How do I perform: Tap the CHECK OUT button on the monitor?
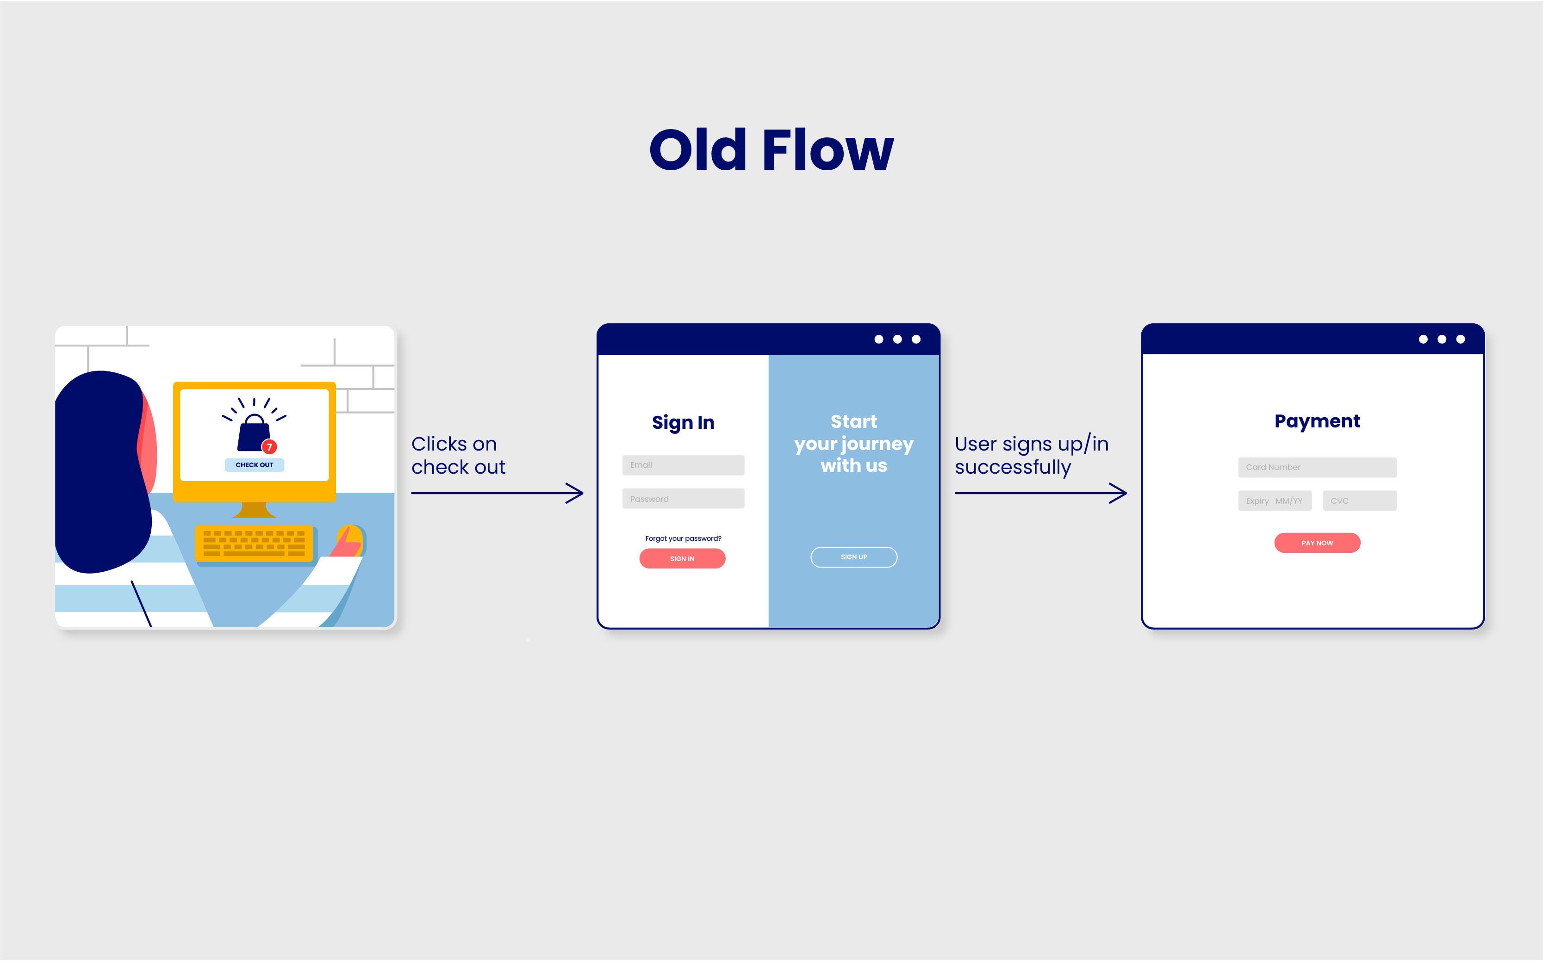pos(255,465)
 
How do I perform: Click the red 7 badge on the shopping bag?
pos(269,447)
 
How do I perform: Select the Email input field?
pos(683,465)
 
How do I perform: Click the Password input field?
pos(683,499)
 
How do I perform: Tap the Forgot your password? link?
pos(683,539)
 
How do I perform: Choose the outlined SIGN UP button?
pos(853,557)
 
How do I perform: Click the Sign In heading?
pos(683,423)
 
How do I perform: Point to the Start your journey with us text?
pos(853,444)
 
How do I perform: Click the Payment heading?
pos(1317,421)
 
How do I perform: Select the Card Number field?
pos(1317,467)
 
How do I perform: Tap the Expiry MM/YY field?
pos(1275,501)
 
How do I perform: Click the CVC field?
pos(1360,501)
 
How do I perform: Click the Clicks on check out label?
pos(458,455)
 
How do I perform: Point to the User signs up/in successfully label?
pos(1032,455)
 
